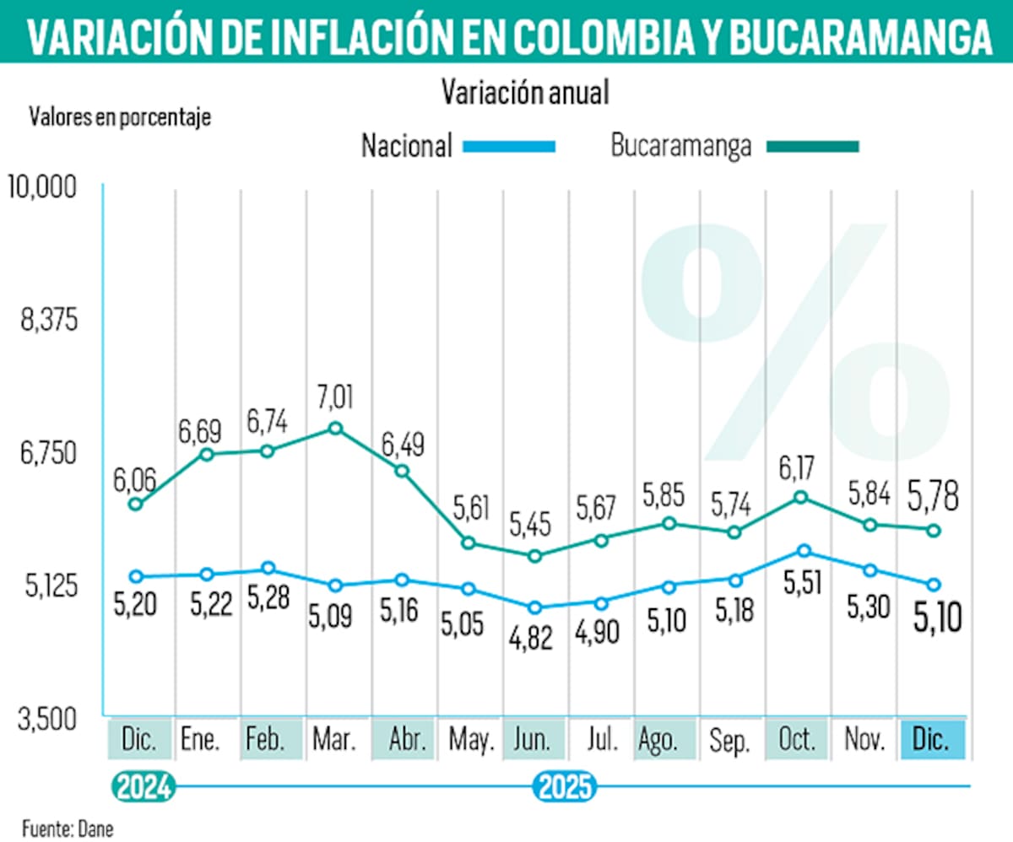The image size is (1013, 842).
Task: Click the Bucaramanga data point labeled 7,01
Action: pos(335,428)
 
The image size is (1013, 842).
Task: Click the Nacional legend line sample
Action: pos(509,147)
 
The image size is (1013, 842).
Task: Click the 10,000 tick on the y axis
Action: pos(42,186)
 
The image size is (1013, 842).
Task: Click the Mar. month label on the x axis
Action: pos(334,740)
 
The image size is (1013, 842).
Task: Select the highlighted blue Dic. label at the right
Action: pos(932,740)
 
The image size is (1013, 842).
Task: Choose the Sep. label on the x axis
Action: pos(729,740)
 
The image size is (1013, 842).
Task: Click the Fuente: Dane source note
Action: pos(68,828)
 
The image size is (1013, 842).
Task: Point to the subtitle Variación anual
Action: pos(524,93)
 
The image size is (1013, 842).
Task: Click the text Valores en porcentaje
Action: pos(119,116)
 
